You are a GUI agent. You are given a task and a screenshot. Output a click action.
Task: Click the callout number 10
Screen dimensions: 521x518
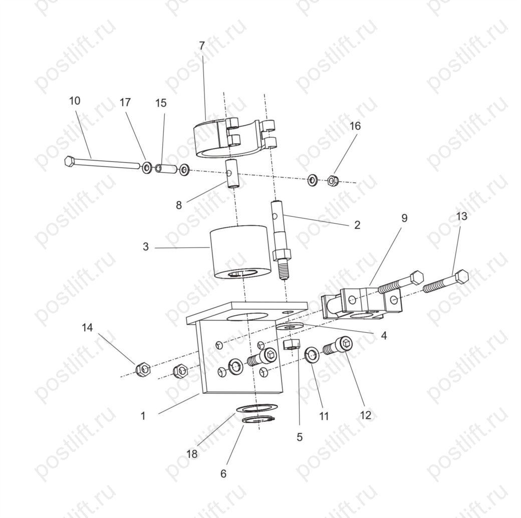[75, 101]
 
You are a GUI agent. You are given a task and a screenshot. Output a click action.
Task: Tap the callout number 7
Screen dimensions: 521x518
[202, 46]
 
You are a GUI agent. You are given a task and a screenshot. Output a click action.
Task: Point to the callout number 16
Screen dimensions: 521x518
[355, 126]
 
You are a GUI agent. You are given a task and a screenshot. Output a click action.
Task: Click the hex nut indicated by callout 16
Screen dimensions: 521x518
[333, 180]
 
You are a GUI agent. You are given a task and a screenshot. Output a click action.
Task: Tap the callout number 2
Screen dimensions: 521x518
[357, 225]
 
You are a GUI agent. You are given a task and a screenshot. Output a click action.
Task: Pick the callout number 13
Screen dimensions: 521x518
[461, 216]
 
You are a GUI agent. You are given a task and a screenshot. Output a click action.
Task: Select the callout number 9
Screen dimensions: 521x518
[404, 218]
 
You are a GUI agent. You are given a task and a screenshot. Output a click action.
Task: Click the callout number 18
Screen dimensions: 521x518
[192, 454]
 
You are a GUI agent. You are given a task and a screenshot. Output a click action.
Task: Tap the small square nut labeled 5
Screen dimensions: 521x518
[292, 345]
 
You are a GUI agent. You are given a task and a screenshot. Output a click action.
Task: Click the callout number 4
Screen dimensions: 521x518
[384, 336]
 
